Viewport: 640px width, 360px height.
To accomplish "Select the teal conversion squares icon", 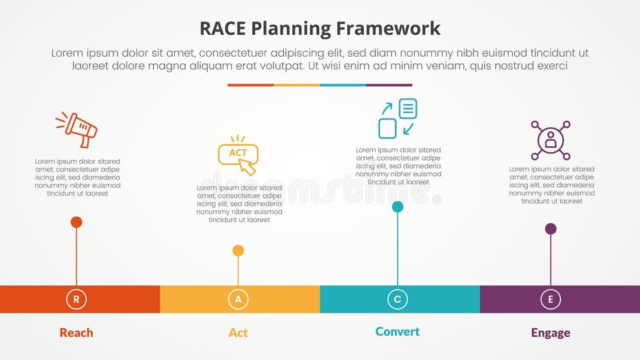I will pyautogui.click(x=397, y=118).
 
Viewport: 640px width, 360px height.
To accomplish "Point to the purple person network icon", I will pyautogui.click(x=550, y=140).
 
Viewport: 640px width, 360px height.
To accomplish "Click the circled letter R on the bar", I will pyautogui.click(x=76, y=299).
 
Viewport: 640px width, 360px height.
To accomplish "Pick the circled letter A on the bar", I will pyautogui.click(x=238, y=299).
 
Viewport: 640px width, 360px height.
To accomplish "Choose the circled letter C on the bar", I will pyautogui.click(x=397, y=299).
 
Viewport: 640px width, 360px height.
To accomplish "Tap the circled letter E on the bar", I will pyautogui.click(x=550, y=299).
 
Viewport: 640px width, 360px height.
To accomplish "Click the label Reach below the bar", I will pyautogui.click(x=76, y=333).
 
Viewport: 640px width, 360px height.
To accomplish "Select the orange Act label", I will pyautogui.click(x=238, y=333).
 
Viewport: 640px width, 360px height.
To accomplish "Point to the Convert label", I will pyautogui.click(x=397, y=332).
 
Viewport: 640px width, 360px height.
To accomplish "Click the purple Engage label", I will pyautogui.click(x=550, y=333).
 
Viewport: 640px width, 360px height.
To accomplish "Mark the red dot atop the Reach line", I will pyautogui.click(x=76, y=223).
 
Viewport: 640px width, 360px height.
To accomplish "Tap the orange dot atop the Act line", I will pyautogui.click(x=238, y=250).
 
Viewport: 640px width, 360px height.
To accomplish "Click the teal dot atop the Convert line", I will pyautogui.click(x=397, y=206).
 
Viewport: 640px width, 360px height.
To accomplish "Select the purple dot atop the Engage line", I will pyautogui.click(x=550, y=228).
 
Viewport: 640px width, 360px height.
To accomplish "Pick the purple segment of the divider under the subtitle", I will pyautogui.click(x=389, y=85).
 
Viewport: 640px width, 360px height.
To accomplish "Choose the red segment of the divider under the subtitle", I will pyautogui.click(x=250, y=85).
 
